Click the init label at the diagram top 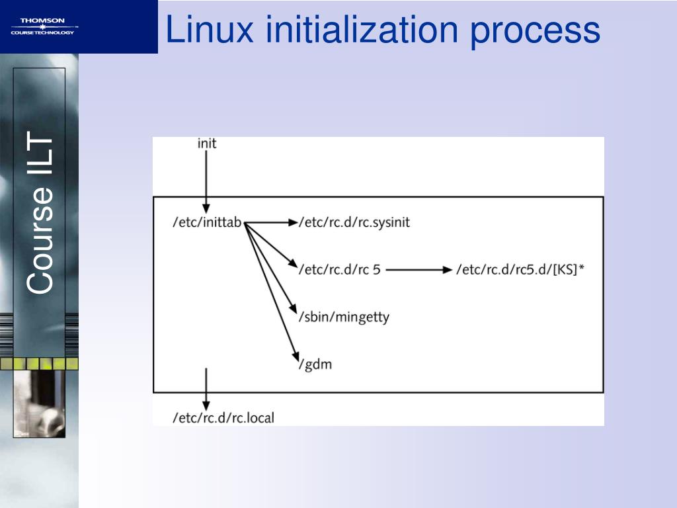207,143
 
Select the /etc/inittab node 207,223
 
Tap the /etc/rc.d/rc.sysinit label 354,223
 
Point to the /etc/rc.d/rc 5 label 340,270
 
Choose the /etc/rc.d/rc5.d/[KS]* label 521,270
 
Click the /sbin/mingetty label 344,317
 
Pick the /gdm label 315,364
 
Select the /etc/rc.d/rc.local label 223,417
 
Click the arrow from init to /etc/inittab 206,179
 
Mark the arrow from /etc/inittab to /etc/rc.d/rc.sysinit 271,223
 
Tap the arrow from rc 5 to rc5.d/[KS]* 417,270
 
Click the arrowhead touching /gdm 296,356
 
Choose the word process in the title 535,30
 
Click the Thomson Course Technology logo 42,27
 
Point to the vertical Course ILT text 40,212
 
